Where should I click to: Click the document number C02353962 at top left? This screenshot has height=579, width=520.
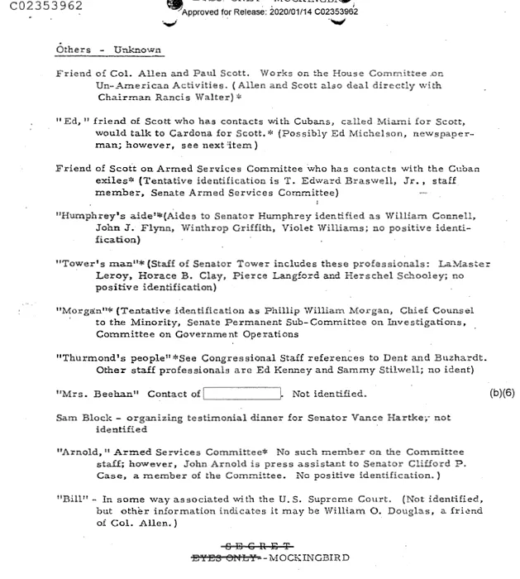click(x=42, y=7)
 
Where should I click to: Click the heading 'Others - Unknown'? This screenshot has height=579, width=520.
click(x=108, y=50)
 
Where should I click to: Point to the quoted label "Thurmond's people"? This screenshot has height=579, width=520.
click(x=100, y=358)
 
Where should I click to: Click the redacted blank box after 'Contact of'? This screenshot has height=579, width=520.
click(x=244, y=394)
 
